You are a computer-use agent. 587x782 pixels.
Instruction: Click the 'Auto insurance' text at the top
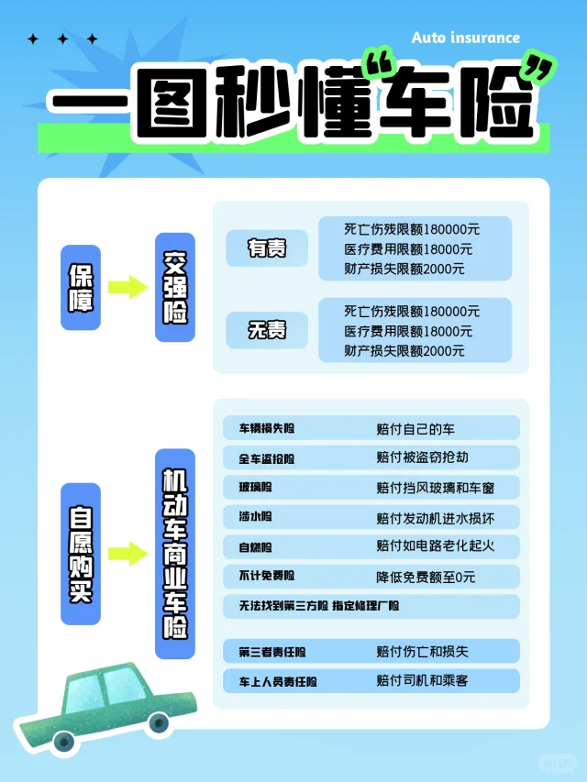click(x=466, y=38)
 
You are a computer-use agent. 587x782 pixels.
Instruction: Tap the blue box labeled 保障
click(x=81, y=287)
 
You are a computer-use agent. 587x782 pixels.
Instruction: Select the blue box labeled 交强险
click(x=174, y=287)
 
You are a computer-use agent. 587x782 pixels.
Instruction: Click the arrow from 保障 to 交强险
click(x=127, y=287)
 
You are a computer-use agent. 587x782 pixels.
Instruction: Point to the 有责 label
click(x=267, y=248)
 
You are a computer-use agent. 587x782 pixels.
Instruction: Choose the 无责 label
click(x=267, y=330)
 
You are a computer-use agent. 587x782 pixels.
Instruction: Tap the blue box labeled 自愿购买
click(x=81, y=554)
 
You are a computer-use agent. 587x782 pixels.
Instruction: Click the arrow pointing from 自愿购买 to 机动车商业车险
click(x=127, y=554)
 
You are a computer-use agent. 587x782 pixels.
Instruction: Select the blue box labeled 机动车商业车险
click(x=174, y=554)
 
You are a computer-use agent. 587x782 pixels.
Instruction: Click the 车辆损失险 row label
click(x=268, y=429)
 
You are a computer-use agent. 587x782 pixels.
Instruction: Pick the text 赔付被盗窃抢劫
click(x=422, y=457)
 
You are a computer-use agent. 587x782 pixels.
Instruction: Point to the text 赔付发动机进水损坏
click(x=435, y=517)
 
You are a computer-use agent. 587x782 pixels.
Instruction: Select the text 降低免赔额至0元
click(x=426, y=577)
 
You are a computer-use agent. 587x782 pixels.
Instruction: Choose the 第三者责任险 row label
click(x=272, y=652)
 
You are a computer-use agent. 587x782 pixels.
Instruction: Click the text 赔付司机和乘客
click(x=422, y=681)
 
